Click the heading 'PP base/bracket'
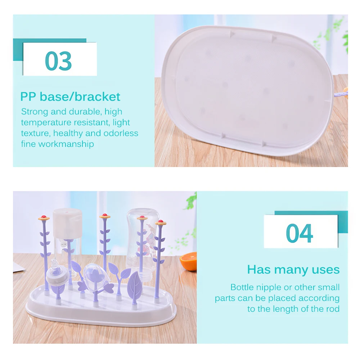(70, 96)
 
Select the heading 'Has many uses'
(293, 269)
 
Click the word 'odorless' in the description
(120, 133)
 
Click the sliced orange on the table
(189, 261)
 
